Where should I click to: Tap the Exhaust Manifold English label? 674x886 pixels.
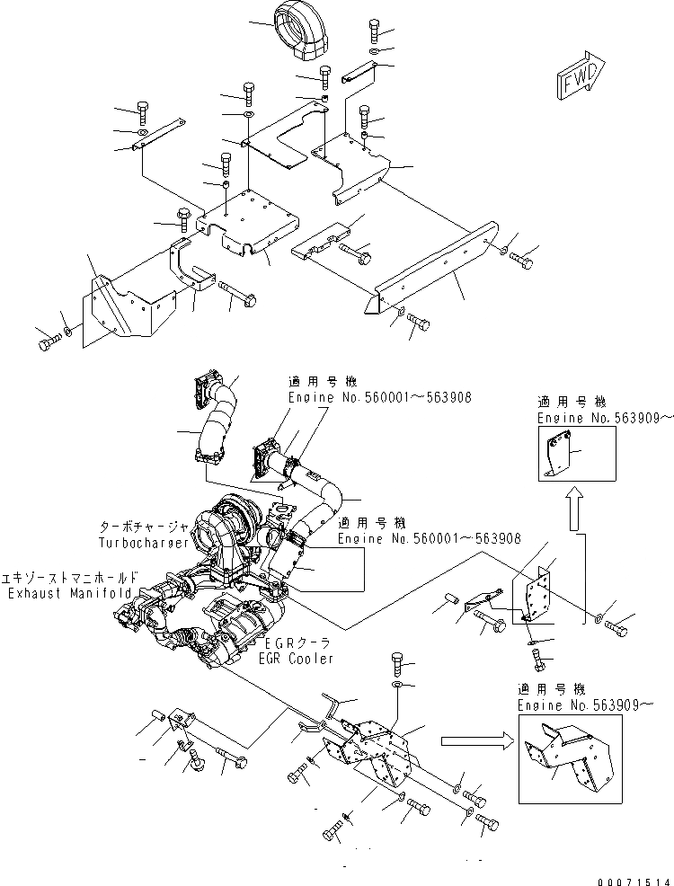pos(70,594)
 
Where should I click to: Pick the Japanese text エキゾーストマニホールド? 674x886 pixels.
pos(70,580)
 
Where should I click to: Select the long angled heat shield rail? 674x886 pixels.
pos(431,270)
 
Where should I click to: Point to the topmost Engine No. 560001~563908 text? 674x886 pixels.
pos(379,395)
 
